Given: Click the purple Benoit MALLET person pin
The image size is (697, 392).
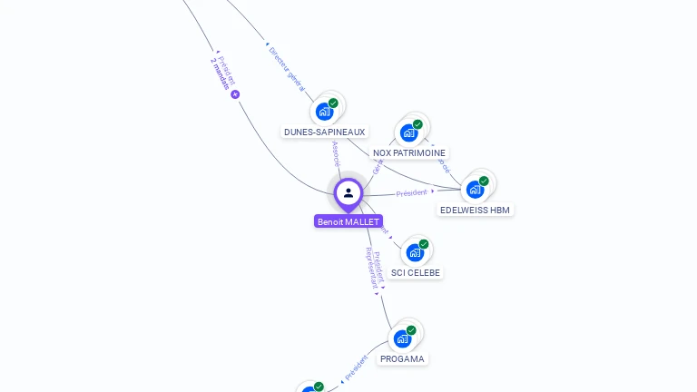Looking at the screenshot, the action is point(348,192).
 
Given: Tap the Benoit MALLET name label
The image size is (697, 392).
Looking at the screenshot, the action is point(348,221).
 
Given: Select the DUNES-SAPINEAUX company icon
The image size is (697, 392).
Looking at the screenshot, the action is point(324,112).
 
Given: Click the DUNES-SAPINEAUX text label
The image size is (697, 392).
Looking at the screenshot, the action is point(324,132).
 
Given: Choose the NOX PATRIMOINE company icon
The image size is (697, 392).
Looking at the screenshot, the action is point(408,132).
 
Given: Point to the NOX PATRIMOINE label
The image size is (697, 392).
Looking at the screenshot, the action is point(409,153).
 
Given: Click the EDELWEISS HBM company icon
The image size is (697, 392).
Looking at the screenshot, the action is point(475,189).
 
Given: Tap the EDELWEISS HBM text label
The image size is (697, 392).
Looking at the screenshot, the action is point(475,210).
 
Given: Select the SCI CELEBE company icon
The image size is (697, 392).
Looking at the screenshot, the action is point(415,252).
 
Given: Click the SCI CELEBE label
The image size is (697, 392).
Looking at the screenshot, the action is point(416,272).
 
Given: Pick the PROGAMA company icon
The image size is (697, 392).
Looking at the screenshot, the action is point(402,338).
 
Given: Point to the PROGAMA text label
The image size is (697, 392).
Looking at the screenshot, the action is point(402,358).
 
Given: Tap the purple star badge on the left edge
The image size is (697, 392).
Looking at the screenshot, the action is point(235,94).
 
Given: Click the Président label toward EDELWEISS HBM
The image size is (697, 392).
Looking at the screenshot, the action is point(411,193).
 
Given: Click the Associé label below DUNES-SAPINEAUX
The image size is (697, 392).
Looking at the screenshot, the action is point(337,153).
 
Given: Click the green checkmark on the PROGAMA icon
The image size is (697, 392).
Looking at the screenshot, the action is point(411,330).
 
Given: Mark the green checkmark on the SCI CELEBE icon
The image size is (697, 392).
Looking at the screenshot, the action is point(424,244).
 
